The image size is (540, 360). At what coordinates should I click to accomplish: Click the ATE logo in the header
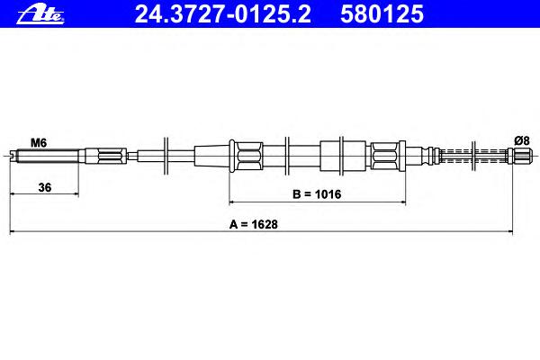click(x=40, y=15)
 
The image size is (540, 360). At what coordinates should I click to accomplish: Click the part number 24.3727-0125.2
click(x=223, y=14)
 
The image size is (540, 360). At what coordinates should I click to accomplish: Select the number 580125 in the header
click(x=382, y=14)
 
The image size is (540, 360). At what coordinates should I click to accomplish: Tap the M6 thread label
click(x=39, y=142)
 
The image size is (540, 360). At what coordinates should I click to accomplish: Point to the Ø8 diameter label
click(x=522, y=140)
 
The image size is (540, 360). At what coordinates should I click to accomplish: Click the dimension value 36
click(x=45, y=187)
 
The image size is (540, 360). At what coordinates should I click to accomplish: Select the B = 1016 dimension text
click(x=317, y=194)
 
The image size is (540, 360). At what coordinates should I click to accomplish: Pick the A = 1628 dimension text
click(x=254, y=224)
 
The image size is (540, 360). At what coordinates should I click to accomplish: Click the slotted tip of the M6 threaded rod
click(x=13, y=156)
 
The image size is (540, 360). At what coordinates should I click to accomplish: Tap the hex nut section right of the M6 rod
click(x=110, y=156)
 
